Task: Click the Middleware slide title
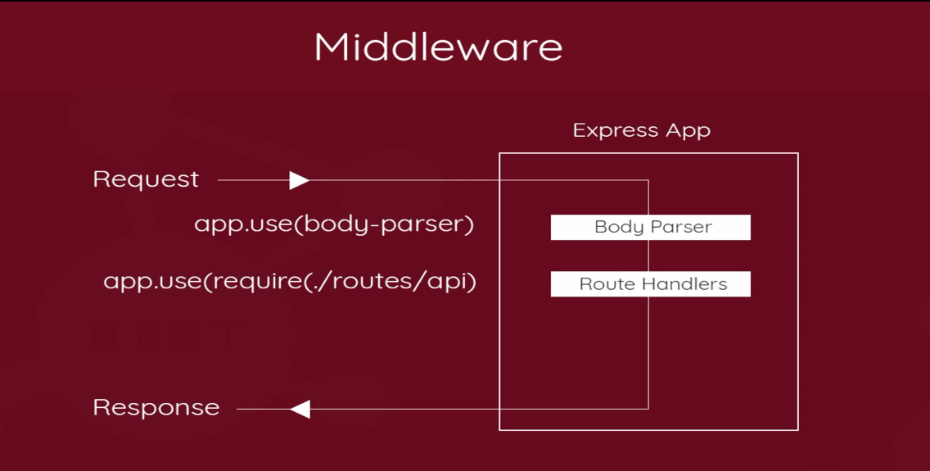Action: (x=438, y=47)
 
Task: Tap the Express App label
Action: (x=641, y=130)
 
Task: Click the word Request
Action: (x=146, y=179)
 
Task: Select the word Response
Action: (x=156, y=407)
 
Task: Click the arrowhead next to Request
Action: (x=300, y=180)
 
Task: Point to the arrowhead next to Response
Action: (x=300, y=409)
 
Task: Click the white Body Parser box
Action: (x=650, y=227)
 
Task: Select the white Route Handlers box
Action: (x=650, y=284)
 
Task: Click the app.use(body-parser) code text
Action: (x=334, y=224)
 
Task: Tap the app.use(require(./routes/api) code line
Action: (x=290, y=282)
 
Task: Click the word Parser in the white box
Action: (x=680, y=228)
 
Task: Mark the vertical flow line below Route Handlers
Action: (x=648, y=352)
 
